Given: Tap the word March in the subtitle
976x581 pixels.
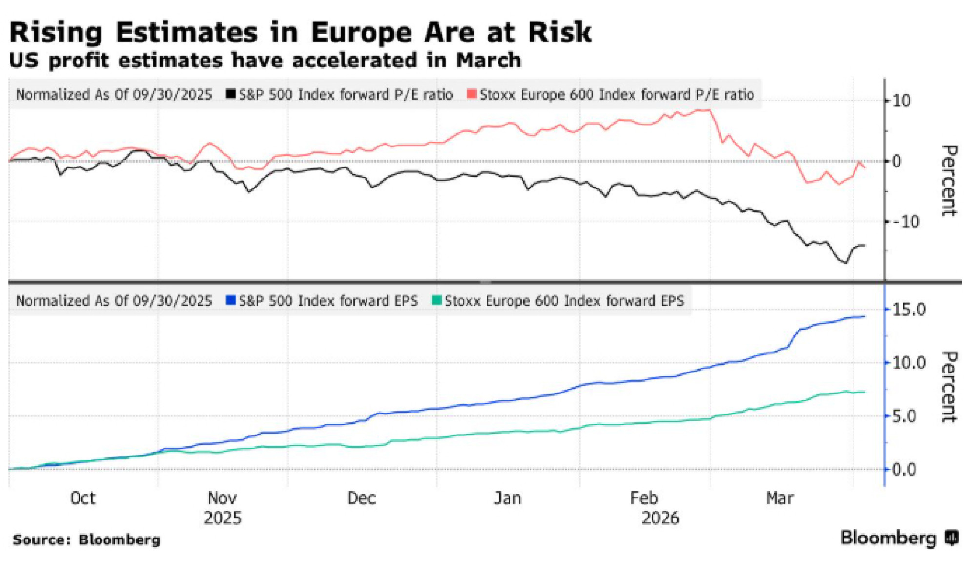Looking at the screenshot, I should point(488,61).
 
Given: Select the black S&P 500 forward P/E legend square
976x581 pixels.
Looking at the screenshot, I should point(230,94).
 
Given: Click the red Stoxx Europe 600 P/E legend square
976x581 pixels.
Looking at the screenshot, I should point(471,94).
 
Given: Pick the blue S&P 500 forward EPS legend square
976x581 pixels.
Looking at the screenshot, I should point(230,300).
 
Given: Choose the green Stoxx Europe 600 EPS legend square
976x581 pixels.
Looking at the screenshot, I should point(436,300).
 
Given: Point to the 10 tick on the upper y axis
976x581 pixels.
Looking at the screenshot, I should point(901,101).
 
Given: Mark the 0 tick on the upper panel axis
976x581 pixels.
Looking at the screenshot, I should point(896,161).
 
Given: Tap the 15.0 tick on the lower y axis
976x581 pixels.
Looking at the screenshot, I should point(908,310).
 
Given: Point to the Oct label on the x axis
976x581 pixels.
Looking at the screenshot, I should point(82,498).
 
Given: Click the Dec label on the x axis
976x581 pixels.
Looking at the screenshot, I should point(361,498).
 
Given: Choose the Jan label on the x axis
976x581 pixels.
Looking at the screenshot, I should point(508,498).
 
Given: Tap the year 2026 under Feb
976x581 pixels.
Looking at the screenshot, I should point(660,518).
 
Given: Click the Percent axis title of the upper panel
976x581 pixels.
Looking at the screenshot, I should point(949,181).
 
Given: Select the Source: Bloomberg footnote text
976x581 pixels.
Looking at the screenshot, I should point(86,539).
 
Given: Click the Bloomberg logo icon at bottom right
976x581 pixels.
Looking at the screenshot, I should point(952,538).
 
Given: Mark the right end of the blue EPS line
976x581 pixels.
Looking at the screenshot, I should point(865,317).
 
